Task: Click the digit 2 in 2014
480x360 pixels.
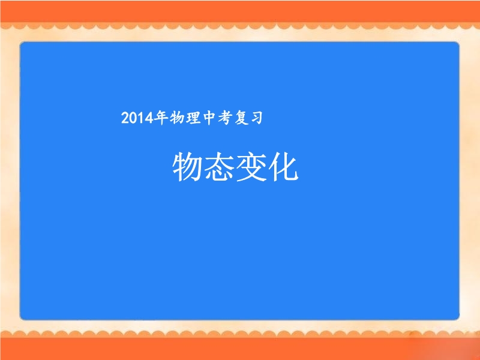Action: (x=125, y=118)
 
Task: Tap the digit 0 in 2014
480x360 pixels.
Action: (x=133, y=118)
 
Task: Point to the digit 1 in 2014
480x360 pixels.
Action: (x=140, y=118)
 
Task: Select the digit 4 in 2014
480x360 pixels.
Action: (x=149, y=118)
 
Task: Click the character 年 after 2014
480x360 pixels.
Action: (x=161, y=118)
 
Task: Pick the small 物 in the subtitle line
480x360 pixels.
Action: (x=177, y=118)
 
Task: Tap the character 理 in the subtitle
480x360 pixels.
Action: (x=193, y=118)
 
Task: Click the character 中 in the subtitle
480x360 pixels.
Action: (x=209, y=118)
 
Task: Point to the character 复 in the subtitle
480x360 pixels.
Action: (x=241, y=118)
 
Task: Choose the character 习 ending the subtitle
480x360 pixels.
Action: (x=257, y=118)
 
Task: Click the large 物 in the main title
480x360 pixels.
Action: (x=187, y=167)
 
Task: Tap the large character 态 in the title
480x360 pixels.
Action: (x=218, y=167)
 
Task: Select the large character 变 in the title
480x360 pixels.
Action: (x=251, y=167)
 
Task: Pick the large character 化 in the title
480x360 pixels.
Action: (x=283, y=167)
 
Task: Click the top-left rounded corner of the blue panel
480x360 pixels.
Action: (x=22, y=43)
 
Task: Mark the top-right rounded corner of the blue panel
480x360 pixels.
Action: (x=458, y=43)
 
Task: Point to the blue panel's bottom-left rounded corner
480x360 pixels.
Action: (x=22, y=318)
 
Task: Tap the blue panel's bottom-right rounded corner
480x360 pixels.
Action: (x=458, y=318)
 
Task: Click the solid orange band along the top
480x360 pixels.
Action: (x=240, y=11)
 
